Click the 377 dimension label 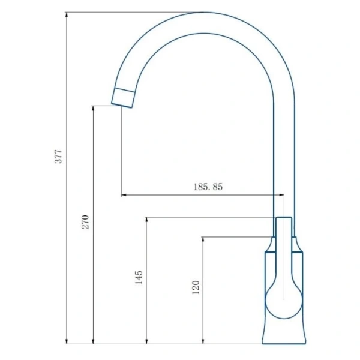click(58, 157)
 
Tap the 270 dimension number click(85, 222)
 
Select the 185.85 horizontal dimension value click(208, 187)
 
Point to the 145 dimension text click(139, 278)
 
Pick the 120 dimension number click(196, 287)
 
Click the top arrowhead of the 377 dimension click(67, 14)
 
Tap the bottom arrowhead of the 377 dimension click(67, 341)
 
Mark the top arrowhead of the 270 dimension click(93, 109)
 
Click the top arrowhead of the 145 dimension click(147, 220)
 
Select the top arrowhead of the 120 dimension click(203, 239)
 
